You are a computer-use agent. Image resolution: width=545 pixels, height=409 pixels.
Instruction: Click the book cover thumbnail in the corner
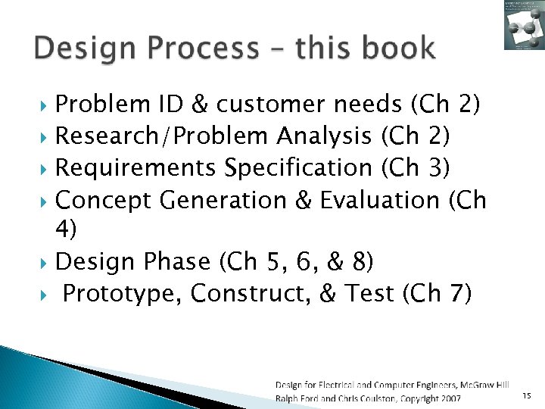click(x=524, y=25)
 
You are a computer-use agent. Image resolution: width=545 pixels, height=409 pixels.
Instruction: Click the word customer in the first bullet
click(x=269, y=104)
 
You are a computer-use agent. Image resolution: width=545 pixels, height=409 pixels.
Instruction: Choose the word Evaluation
click(x=379, y=200)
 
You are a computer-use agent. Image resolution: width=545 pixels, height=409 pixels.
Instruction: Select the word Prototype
click(x=123, y=293)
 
